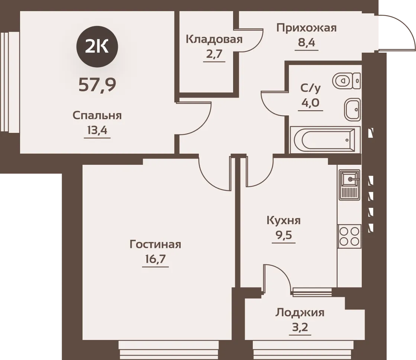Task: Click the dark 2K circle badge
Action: pyautogui.click(x=97, y=47)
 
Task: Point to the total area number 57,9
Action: pyautogui.click(x=97, y=85)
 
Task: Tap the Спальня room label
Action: pyautogui.click(x=97, y=116)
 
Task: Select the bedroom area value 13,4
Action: pyautogui.click(x=97, y=130)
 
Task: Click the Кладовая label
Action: pyautogui.click(x=214, y=39)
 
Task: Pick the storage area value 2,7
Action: pyautogui.click(x=214, y=54)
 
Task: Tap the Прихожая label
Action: pyautogui.click(x=306, y=27)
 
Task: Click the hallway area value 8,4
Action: pyautogui.click(x=306, y=42)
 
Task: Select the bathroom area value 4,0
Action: pyautogui.click(x=310, y=102)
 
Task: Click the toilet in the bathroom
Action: pyautogui.click(x=346, y=80)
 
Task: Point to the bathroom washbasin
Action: pyautogui.click(x=352, y=109)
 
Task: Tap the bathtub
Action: pyautogui.click(x=325, y=139)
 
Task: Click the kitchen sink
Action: pyautogui.click(x=350, y=184)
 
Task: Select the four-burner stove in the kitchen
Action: pyautogui.click(x=349, y=236)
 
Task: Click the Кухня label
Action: pyautogui.click(x=284, y=221)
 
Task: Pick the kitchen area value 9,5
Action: pyautogui.click(x=284, y=235)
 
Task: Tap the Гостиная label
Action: pyautogui.click(x=155, y=245)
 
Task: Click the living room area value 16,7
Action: pyautogui.click(x=155, y=259)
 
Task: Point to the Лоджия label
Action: pyautogui.click(x=300, y=313)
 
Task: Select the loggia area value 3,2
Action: pyautogui.click(x=300, y=327)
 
